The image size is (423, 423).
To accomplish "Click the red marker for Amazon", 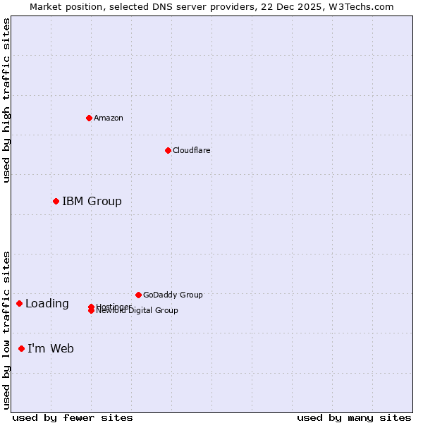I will pyautogui.click(x=89, y=118).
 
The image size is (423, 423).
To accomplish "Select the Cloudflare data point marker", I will pyautogui.click(x=168, y=150).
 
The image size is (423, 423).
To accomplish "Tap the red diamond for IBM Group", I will pyautogui.click(x=56, y=202).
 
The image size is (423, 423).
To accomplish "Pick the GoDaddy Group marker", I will pyautogui.click(x=138, y=295).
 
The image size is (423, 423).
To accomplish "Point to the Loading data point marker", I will pyautogui.click(x=19, y=304).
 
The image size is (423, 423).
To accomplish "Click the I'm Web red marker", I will pyautogui.click(x=21, y=348).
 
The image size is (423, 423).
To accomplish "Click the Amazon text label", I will pyautogui.click(x=108, y=118).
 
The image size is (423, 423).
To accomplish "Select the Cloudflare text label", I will pyautogui.click(x=191, y=150).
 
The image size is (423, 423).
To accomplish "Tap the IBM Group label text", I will pyautogui.click(x=92, y=202).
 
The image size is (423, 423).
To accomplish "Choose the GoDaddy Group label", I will pyautogui.click(x=173, y=295).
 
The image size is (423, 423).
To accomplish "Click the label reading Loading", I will pyautogui.click(x=47, y=304).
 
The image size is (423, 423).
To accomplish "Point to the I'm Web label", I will pyautogui.click(x=51, y=348).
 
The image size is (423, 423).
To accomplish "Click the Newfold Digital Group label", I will pyautogui.click(x=138, y=311).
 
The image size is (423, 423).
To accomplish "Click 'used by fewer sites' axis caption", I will pyautogui.click(x=73, y=417).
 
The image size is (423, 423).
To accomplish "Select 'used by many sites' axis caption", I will pyautogui.click(x=354, y=417).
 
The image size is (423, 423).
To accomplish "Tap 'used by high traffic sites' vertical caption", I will pyautogui.click(x=6, y=100).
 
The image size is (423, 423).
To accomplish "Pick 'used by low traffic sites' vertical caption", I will pyautogui.click(x=6, y=330).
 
